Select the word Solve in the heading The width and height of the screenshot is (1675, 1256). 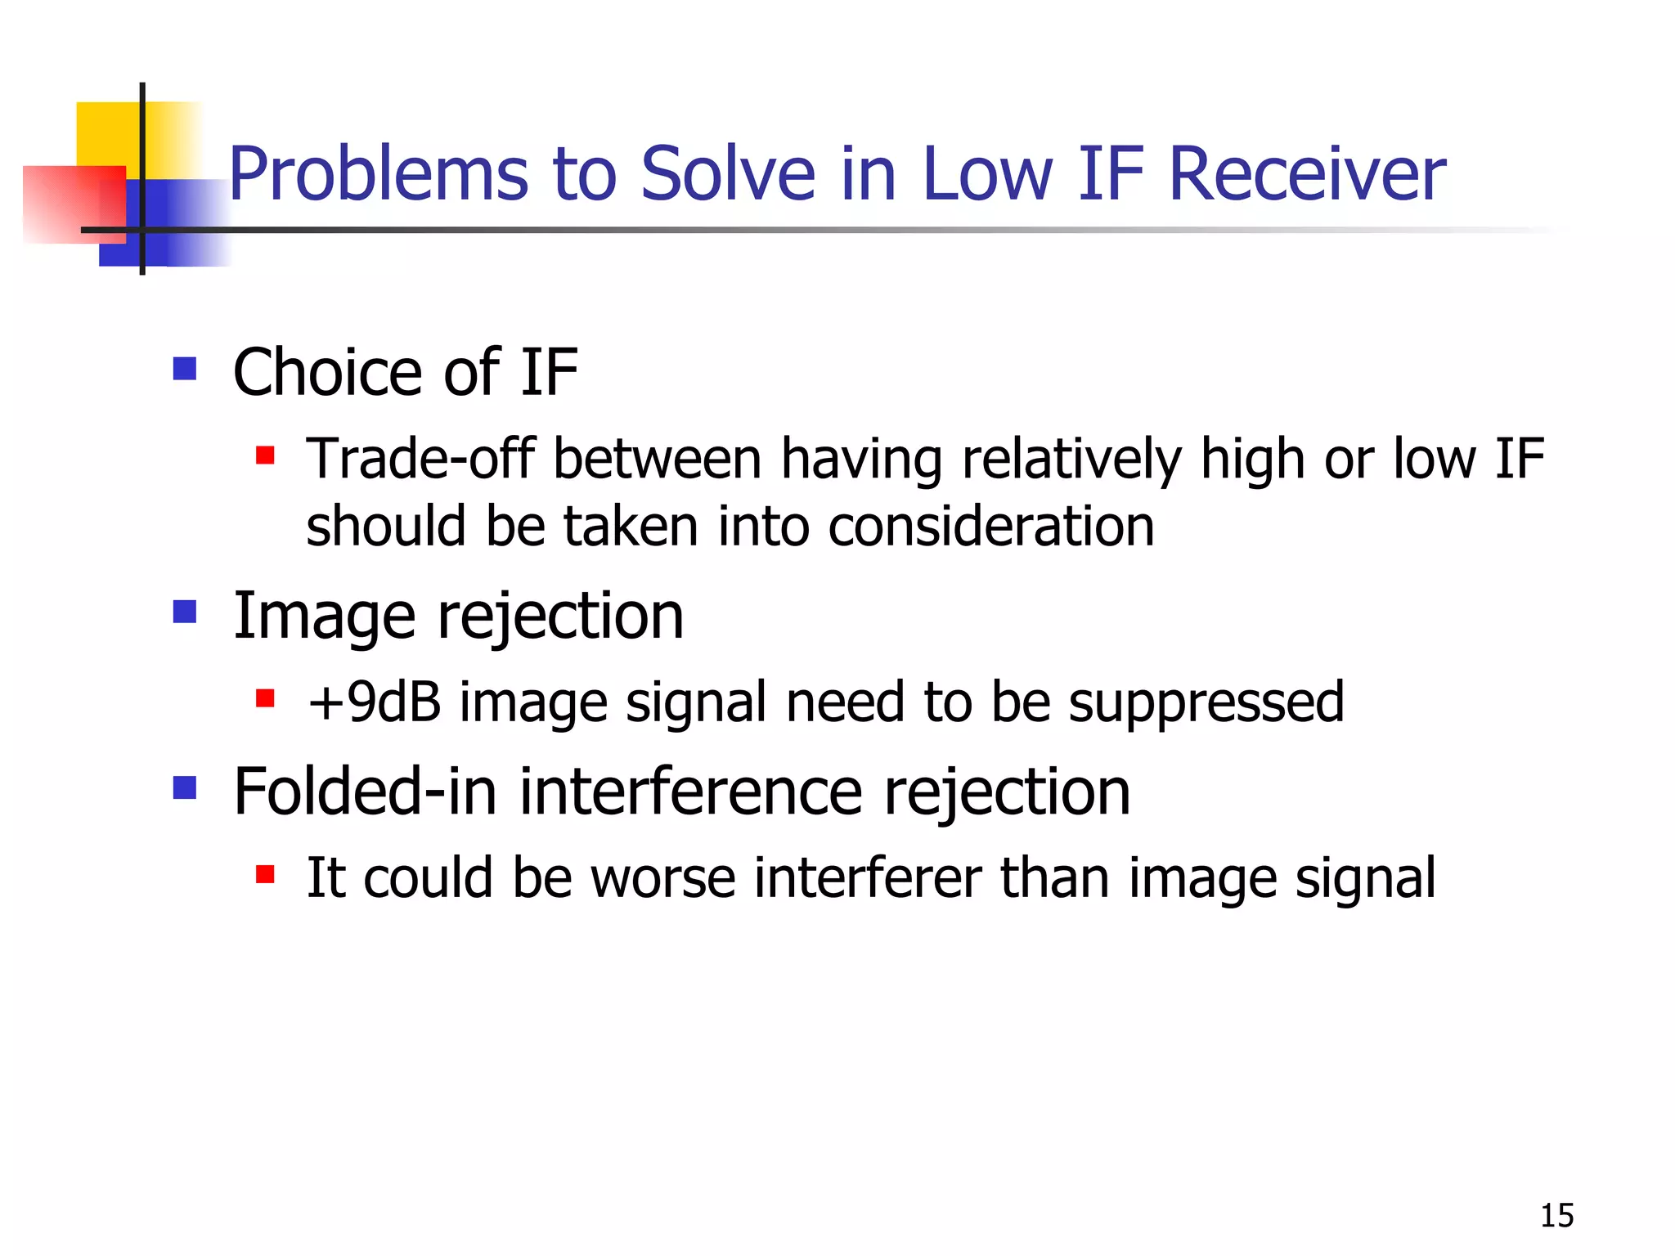[728, 175]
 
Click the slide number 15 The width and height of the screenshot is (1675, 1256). [1556, 1216]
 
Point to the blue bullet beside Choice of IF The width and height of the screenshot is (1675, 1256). [185, 369]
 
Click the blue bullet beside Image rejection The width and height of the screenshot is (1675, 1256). [185, 612]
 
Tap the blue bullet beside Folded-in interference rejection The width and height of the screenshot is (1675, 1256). [185, 787]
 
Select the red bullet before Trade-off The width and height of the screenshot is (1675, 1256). [264, 455]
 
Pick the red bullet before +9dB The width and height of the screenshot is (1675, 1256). [264, 698]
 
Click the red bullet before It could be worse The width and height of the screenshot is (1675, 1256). [264, 874]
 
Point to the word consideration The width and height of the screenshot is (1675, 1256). [990, 527]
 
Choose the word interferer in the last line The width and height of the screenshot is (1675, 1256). [867, 878]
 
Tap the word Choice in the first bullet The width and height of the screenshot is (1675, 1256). [327, 373]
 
